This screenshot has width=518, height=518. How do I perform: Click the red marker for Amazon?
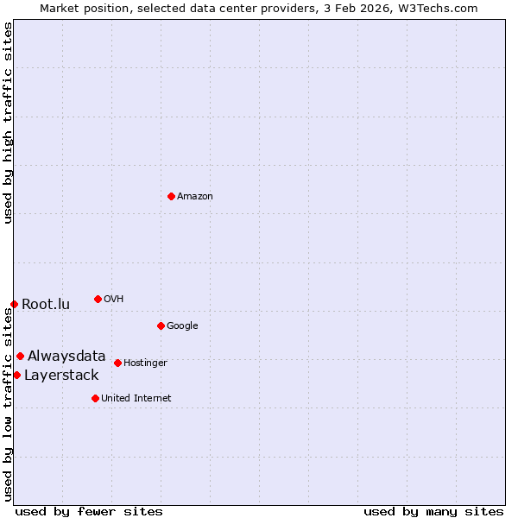click(x=171, y=196)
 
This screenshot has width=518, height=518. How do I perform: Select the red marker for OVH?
click(x=98, y=299)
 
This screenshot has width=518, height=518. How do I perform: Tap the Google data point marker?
click(x=161, y=325)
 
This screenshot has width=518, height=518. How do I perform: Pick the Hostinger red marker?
click(x=117, y=363)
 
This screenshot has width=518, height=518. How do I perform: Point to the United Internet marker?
click(x=95, y=398)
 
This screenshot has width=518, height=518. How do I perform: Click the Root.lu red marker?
click(x=14, y=304)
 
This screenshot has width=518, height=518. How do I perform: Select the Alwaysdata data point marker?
click(x=20, y=356)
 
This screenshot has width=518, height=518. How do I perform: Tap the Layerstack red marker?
click(x=16, y=375)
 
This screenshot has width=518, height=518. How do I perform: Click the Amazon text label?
click(x=195, y=196)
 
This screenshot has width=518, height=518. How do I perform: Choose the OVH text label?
click(x=114, y=299)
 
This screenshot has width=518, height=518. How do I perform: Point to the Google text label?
click(x=182, y=325)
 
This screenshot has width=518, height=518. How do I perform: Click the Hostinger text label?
click(x=145, y=363)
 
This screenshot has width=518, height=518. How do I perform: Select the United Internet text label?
click(x=136, y=398)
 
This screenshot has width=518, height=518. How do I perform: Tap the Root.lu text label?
click(x=46, y=304)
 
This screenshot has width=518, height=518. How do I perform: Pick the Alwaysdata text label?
click(x=66, y=356)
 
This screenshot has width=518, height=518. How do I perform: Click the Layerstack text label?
click(x=61, y=375)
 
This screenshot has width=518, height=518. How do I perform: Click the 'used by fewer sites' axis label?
click(x=89, y=511)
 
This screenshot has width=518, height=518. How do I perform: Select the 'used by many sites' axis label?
click(x=433, y=511)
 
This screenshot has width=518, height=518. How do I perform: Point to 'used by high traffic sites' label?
click(x=8, y=123)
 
